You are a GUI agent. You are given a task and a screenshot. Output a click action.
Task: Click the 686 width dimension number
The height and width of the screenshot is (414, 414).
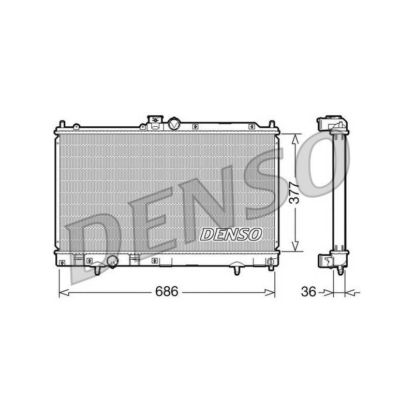[167, 292]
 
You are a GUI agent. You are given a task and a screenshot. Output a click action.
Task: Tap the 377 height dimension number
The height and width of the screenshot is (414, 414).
[294, 192]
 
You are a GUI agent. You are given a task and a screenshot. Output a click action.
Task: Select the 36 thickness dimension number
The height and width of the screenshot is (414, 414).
[308, 292]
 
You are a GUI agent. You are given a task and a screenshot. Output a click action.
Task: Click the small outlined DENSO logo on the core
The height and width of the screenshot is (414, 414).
[231, 234]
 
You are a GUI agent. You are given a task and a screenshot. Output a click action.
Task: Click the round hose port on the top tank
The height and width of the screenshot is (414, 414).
[174, 124]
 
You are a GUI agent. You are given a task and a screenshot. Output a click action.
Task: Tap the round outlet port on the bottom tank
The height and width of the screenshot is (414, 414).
[113, 261]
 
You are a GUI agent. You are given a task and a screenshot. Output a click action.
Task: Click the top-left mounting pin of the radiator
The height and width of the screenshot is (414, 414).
[62, 125]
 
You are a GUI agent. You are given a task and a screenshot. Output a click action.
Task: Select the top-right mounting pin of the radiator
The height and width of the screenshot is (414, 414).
[272, 125]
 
